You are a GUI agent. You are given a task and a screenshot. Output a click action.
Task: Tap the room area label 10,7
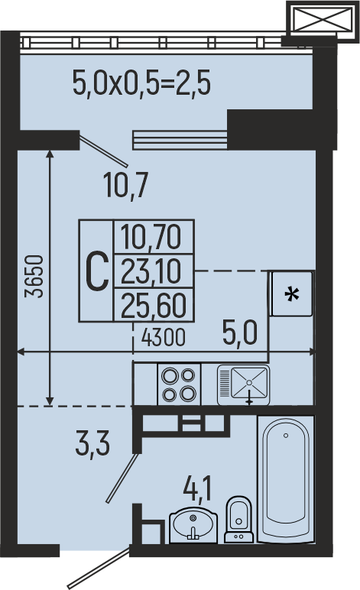coord(126,185)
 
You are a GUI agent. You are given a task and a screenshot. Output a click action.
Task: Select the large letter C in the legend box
coord(96,271)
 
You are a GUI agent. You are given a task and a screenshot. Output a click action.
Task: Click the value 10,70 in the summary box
coord(151,237)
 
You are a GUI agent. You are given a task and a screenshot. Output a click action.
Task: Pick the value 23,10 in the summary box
coord(151,271)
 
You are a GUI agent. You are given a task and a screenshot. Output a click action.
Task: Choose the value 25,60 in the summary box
coord(154,306)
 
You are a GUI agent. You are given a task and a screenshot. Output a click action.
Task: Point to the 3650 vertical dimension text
coord(34,277)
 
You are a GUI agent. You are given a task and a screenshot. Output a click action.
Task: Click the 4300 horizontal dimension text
coord(164,337)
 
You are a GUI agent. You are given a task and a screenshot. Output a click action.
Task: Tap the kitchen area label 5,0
coord(240,333)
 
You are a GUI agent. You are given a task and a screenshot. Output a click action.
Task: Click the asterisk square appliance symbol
coord(292,294)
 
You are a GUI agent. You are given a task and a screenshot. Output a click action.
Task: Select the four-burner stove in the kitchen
coord(179,384)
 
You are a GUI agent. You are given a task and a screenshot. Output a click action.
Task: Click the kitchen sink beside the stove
coord(243,384)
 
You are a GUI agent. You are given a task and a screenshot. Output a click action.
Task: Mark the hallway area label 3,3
coord(92,443)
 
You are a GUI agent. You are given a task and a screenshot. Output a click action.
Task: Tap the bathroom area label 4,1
coord(198,488)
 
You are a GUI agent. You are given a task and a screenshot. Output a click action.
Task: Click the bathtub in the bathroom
coord(286,479)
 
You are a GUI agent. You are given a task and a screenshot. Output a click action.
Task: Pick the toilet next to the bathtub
coord(238,519)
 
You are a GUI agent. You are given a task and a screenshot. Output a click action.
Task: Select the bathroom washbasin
coord(193,525)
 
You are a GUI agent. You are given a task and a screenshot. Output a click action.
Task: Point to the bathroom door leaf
coord(123,478)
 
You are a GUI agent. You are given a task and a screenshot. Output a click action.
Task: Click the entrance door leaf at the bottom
coord(99,569)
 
